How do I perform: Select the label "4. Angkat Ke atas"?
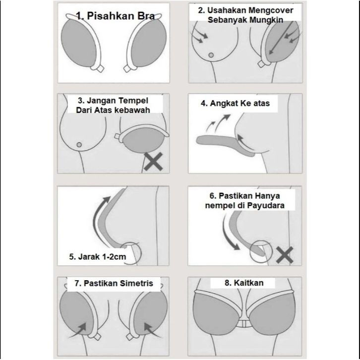(238, 104)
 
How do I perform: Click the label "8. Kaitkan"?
(243, 283)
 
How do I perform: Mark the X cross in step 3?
(155, 162)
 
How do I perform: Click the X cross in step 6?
(285, 255)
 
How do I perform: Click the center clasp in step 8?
(243, 324)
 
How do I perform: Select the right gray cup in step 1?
(150, 47)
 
